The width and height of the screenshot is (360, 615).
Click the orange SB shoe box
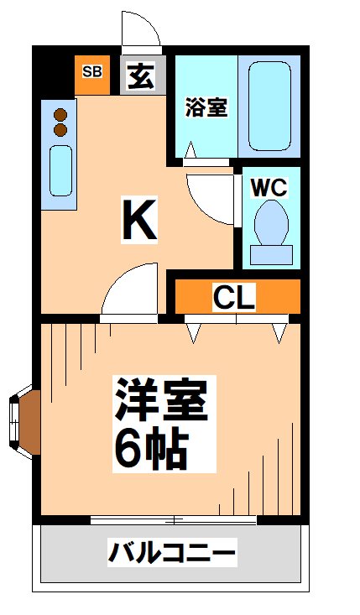[x=91, y=71]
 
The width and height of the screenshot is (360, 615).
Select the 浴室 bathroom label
[x=206, y=107]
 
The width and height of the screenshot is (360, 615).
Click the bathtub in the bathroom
[x=269, y=106]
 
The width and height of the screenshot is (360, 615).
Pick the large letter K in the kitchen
[x=138, y=219]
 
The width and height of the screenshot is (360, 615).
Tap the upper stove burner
[x=60, y=116]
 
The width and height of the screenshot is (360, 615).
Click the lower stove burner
[x=60, y=130]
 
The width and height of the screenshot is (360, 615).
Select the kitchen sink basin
[x=60, y=170]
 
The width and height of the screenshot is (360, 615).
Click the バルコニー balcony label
[x=172, y=553]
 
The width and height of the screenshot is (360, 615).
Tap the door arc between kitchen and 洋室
[x=128, y=289]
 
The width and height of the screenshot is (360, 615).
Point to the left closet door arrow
[x=196, y=332]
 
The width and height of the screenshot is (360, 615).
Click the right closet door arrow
[x=279, y=332]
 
